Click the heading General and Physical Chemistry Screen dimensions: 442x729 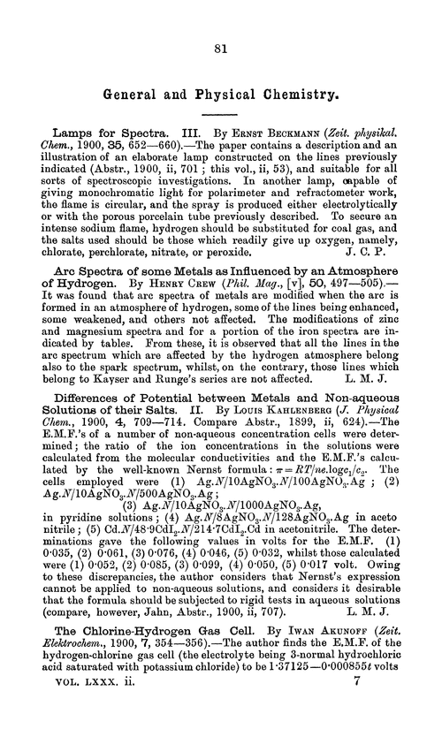221,88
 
